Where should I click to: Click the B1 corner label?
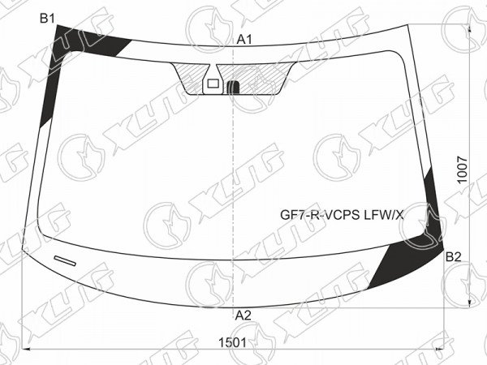(47, 19)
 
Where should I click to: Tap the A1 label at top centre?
(244, 40)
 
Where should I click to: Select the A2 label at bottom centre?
(243, 316)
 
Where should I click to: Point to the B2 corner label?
(454, 257)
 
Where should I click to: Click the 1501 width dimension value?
(233, 343)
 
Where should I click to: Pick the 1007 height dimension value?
(463, 170)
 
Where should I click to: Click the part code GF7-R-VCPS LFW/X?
(342, 215)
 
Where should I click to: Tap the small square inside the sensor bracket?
(213, 84)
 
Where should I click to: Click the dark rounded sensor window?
(233, 87)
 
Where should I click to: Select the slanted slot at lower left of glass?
(65, 260)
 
